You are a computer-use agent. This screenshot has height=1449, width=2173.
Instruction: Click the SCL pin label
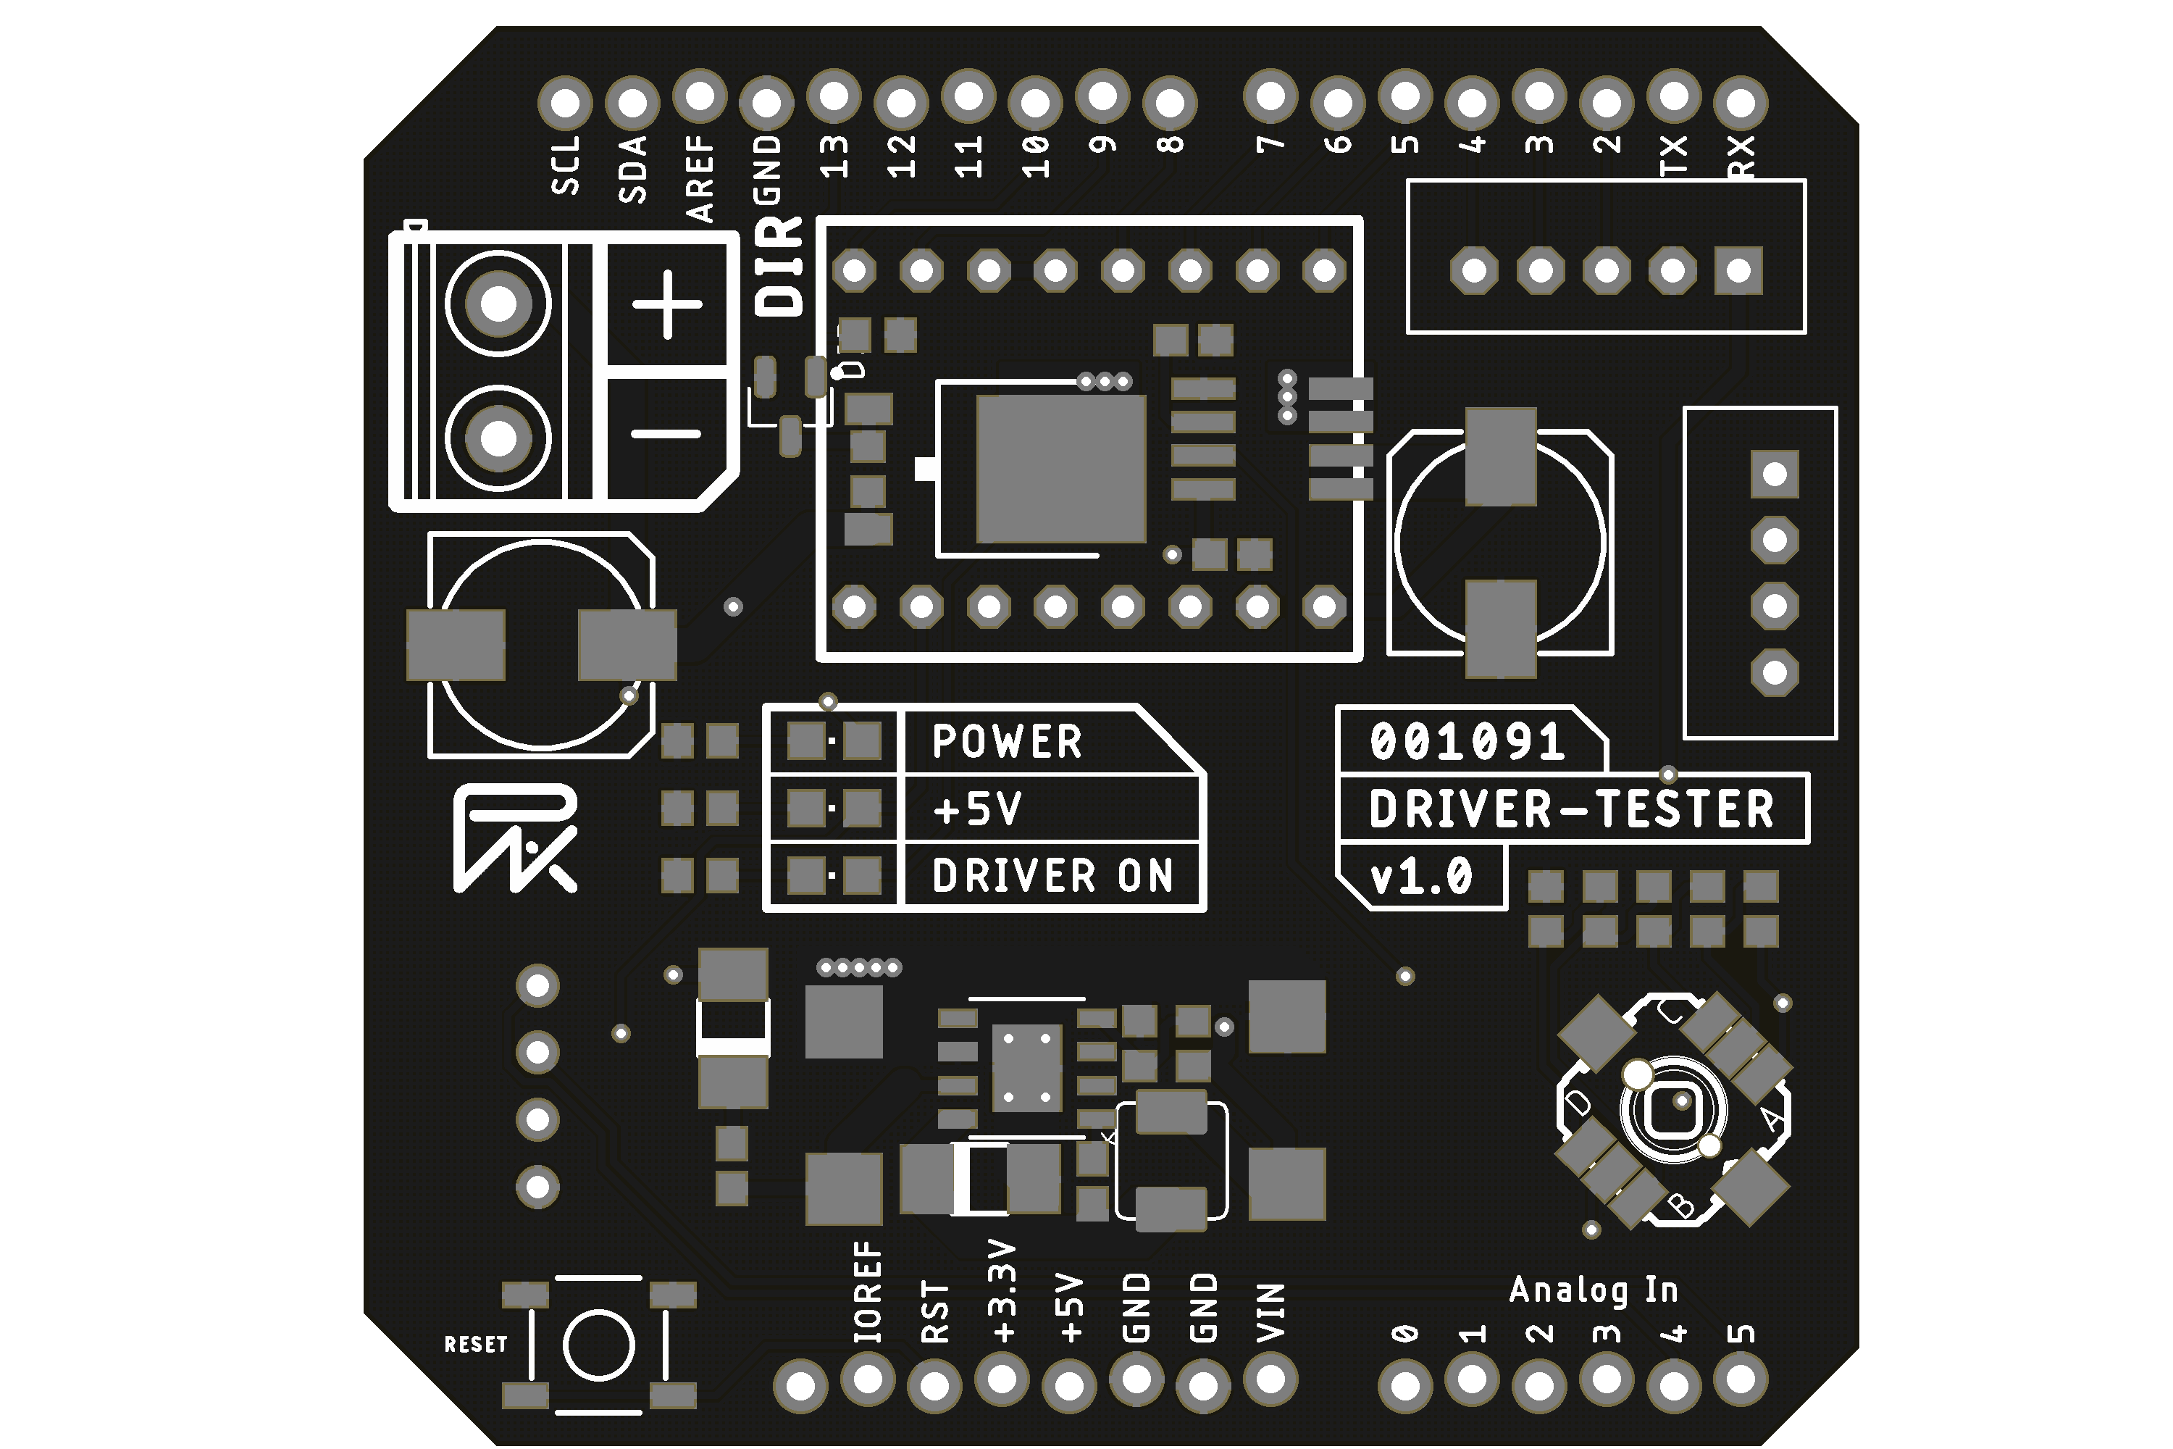(566, 164)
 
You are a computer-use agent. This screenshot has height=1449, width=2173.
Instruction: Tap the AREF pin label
(700, 178)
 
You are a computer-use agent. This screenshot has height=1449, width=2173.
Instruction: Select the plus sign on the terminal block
(667, 305)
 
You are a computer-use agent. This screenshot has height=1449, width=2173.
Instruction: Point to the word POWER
(1007, 742)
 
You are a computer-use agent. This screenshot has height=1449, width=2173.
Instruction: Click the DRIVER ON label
(1052, 876)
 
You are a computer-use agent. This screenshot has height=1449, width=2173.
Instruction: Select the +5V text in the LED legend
(977, 809)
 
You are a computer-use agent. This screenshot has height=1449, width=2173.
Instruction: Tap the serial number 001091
(1467, 742)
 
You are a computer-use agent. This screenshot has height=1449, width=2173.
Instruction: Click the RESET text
(476, 1345)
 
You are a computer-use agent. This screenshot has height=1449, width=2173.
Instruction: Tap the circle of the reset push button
(599, 1345)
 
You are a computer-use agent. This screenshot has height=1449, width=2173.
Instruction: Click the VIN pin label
(1271, 1312)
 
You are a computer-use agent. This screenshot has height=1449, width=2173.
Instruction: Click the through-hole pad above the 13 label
(834, 96)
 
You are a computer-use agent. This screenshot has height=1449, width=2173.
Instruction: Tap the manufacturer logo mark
(514, 838)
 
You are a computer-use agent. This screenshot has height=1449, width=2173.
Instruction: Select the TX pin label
(1674, 155)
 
